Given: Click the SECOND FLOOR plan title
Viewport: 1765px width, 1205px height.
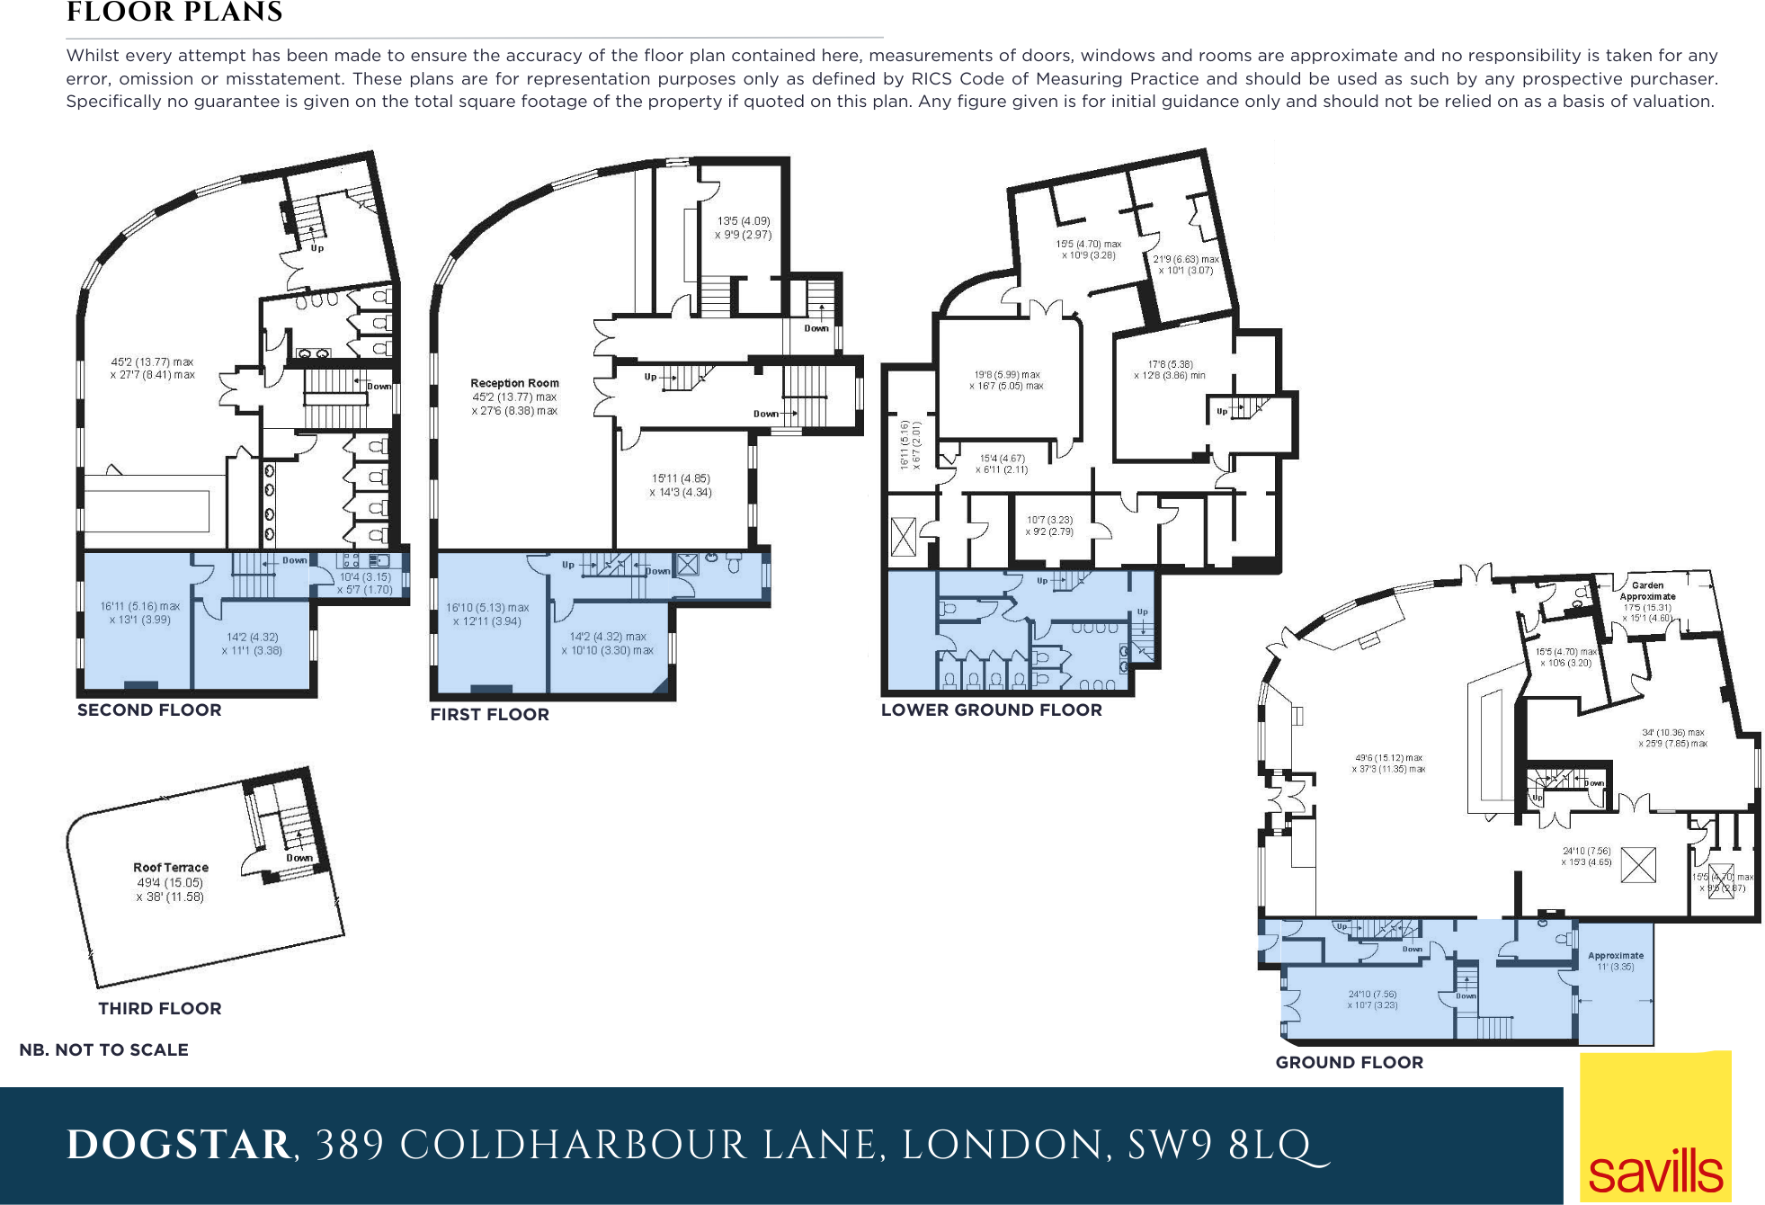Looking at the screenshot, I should (x=149, y=710).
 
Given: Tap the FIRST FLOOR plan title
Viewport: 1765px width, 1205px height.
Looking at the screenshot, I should (x=489, y=714).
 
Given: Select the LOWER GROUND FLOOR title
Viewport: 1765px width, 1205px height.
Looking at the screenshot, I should (x=991, y=710).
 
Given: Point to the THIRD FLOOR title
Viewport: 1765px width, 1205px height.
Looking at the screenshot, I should (x=160, y=1008).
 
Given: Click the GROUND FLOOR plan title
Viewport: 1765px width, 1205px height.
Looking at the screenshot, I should (x=1349, y=1062).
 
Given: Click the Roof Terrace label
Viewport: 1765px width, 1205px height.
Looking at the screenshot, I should (x=171, y=868).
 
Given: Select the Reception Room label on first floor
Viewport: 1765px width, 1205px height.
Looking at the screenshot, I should (x=514, y=383).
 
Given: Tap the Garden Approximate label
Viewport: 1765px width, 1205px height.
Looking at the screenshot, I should (x=1647, y=591).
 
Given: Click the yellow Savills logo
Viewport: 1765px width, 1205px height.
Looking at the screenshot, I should (x=1655, y=1129).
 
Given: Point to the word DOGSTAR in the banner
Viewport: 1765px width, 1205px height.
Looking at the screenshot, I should (x=179, y=1146).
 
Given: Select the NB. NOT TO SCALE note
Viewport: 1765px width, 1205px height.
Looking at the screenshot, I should (x=104, y=1049).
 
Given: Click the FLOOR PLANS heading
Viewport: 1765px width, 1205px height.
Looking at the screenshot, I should (x=174, y=13).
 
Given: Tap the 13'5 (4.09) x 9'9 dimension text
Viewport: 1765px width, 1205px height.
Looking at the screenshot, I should (x=743, y=228).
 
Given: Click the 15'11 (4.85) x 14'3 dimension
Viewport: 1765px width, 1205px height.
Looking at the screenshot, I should (x=681, y=486).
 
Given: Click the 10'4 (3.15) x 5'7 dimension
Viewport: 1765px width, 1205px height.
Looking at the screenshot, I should (x=364, y=584).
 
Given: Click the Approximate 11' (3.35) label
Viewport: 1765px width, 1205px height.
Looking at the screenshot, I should (x=1616, y=961).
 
